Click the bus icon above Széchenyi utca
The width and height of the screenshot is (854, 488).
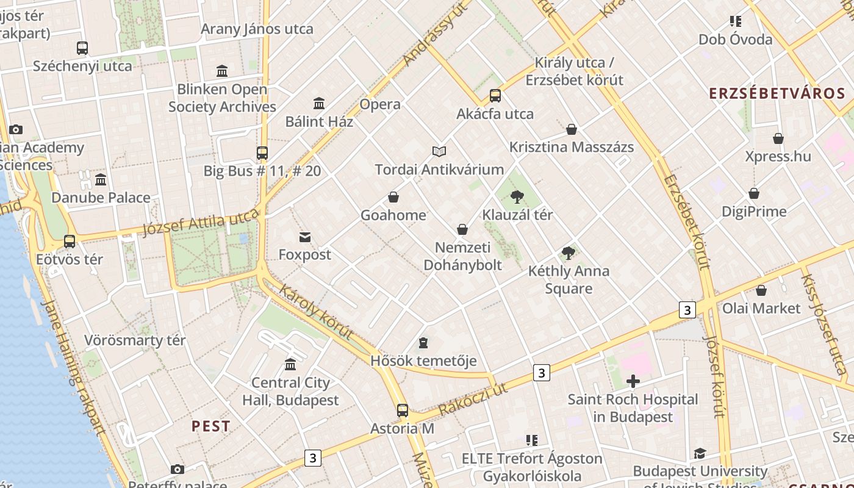click(82, 48)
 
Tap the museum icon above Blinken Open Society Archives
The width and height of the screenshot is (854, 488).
click(222, 71)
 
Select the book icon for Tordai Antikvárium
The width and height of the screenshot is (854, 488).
click(439, 151)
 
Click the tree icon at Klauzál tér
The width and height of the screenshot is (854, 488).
click(517, 196)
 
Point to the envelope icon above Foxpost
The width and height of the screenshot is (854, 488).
click(304, 237)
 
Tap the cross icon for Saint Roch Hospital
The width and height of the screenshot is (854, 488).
click(633, 381)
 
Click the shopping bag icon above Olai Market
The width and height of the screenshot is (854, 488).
click(761, 290)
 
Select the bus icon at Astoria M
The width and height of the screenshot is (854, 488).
click(402, 410)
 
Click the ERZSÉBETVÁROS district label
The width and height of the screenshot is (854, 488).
click(777, 93)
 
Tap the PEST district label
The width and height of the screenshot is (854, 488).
click(211, 426)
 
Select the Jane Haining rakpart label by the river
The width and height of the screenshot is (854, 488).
click(73, 366)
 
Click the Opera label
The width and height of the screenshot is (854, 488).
click(380, 104)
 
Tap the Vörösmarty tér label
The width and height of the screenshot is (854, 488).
click(135, 340)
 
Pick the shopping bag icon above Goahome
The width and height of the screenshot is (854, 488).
click(393, 197)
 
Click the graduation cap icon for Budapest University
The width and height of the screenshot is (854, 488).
click(700, 453)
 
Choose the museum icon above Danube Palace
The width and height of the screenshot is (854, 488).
click(101, 179)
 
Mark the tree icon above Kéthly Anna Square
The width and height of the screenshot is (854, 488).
click(569, 253)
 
